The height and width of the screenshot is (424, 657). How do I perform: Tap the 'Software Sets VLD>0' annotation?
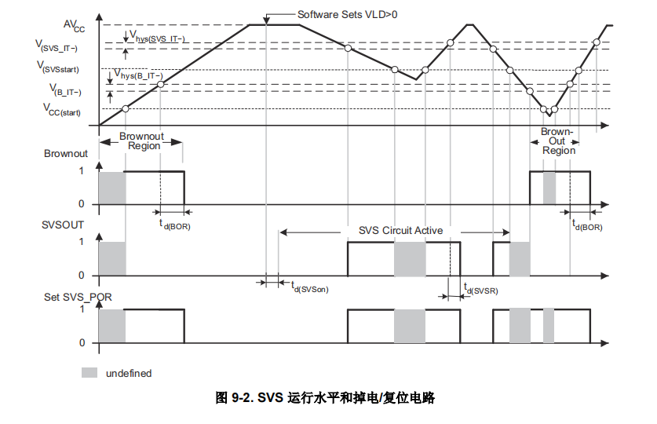[x=347, y=14]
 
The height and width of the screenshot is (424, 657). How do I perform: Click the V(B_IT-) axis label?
[x=65, y=91]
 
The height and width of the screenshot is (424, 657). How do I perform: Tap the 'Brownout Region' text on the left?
[x=141, y=141]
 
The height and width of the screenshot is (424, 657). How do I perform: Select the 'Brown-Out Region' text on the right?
[x=558, y=141]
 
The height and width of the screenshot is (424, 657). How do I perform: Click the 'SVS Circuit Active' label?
[x=400, y=231]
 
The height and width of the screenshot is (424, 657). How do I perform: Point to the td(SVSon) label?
[x=309, y=288]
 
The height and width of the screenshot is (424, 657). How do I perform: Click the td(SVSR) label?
[x=480, y=289]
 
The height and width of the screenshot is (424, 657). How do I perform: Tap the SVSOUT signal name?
[x=64, y=225]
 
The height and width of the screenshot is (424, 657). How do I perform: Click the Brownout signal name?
[x=66, y=154]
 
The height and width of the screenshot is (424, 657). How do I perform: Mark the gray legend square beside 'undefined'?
[x=90, y=372]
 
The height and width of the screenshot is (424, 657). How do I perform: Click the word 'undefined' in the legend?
[x=129, y=373]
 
